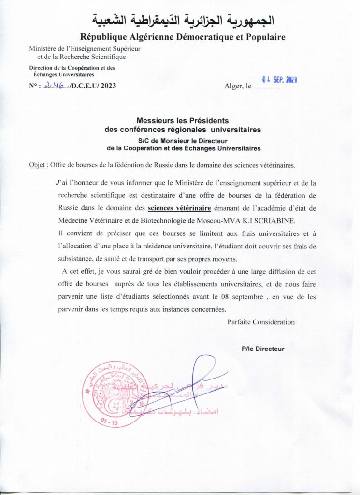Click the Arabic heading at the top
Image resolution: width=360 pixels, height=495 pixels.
(x=183, y=20)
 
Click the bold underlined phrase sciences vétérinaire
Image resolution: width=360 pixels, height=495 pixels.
(x=179, y=208)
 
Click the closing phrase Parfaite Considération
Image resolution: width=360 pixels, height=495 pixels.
(x=261, y=322)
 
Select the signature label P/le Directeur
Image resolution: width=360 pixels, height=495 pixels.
(x=263, y=349)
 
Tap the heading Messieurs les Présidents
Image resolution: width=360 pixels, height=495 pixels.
(x=183, y=121)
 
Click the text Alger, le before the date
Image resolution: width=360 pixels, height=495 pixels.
(x=238, y=87)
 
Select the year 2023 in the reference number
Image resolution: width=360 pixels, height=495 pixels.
(x=106, y=87)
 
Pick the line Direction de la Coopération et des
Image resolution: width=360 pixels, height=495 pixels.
(x=72, y=68)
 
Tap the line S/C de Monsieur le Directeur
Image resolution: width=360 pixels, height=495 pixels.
(x=183, y=140)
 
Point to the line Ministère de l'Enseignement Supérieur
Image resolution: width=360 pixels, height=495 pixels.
(x=77, y=49)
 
